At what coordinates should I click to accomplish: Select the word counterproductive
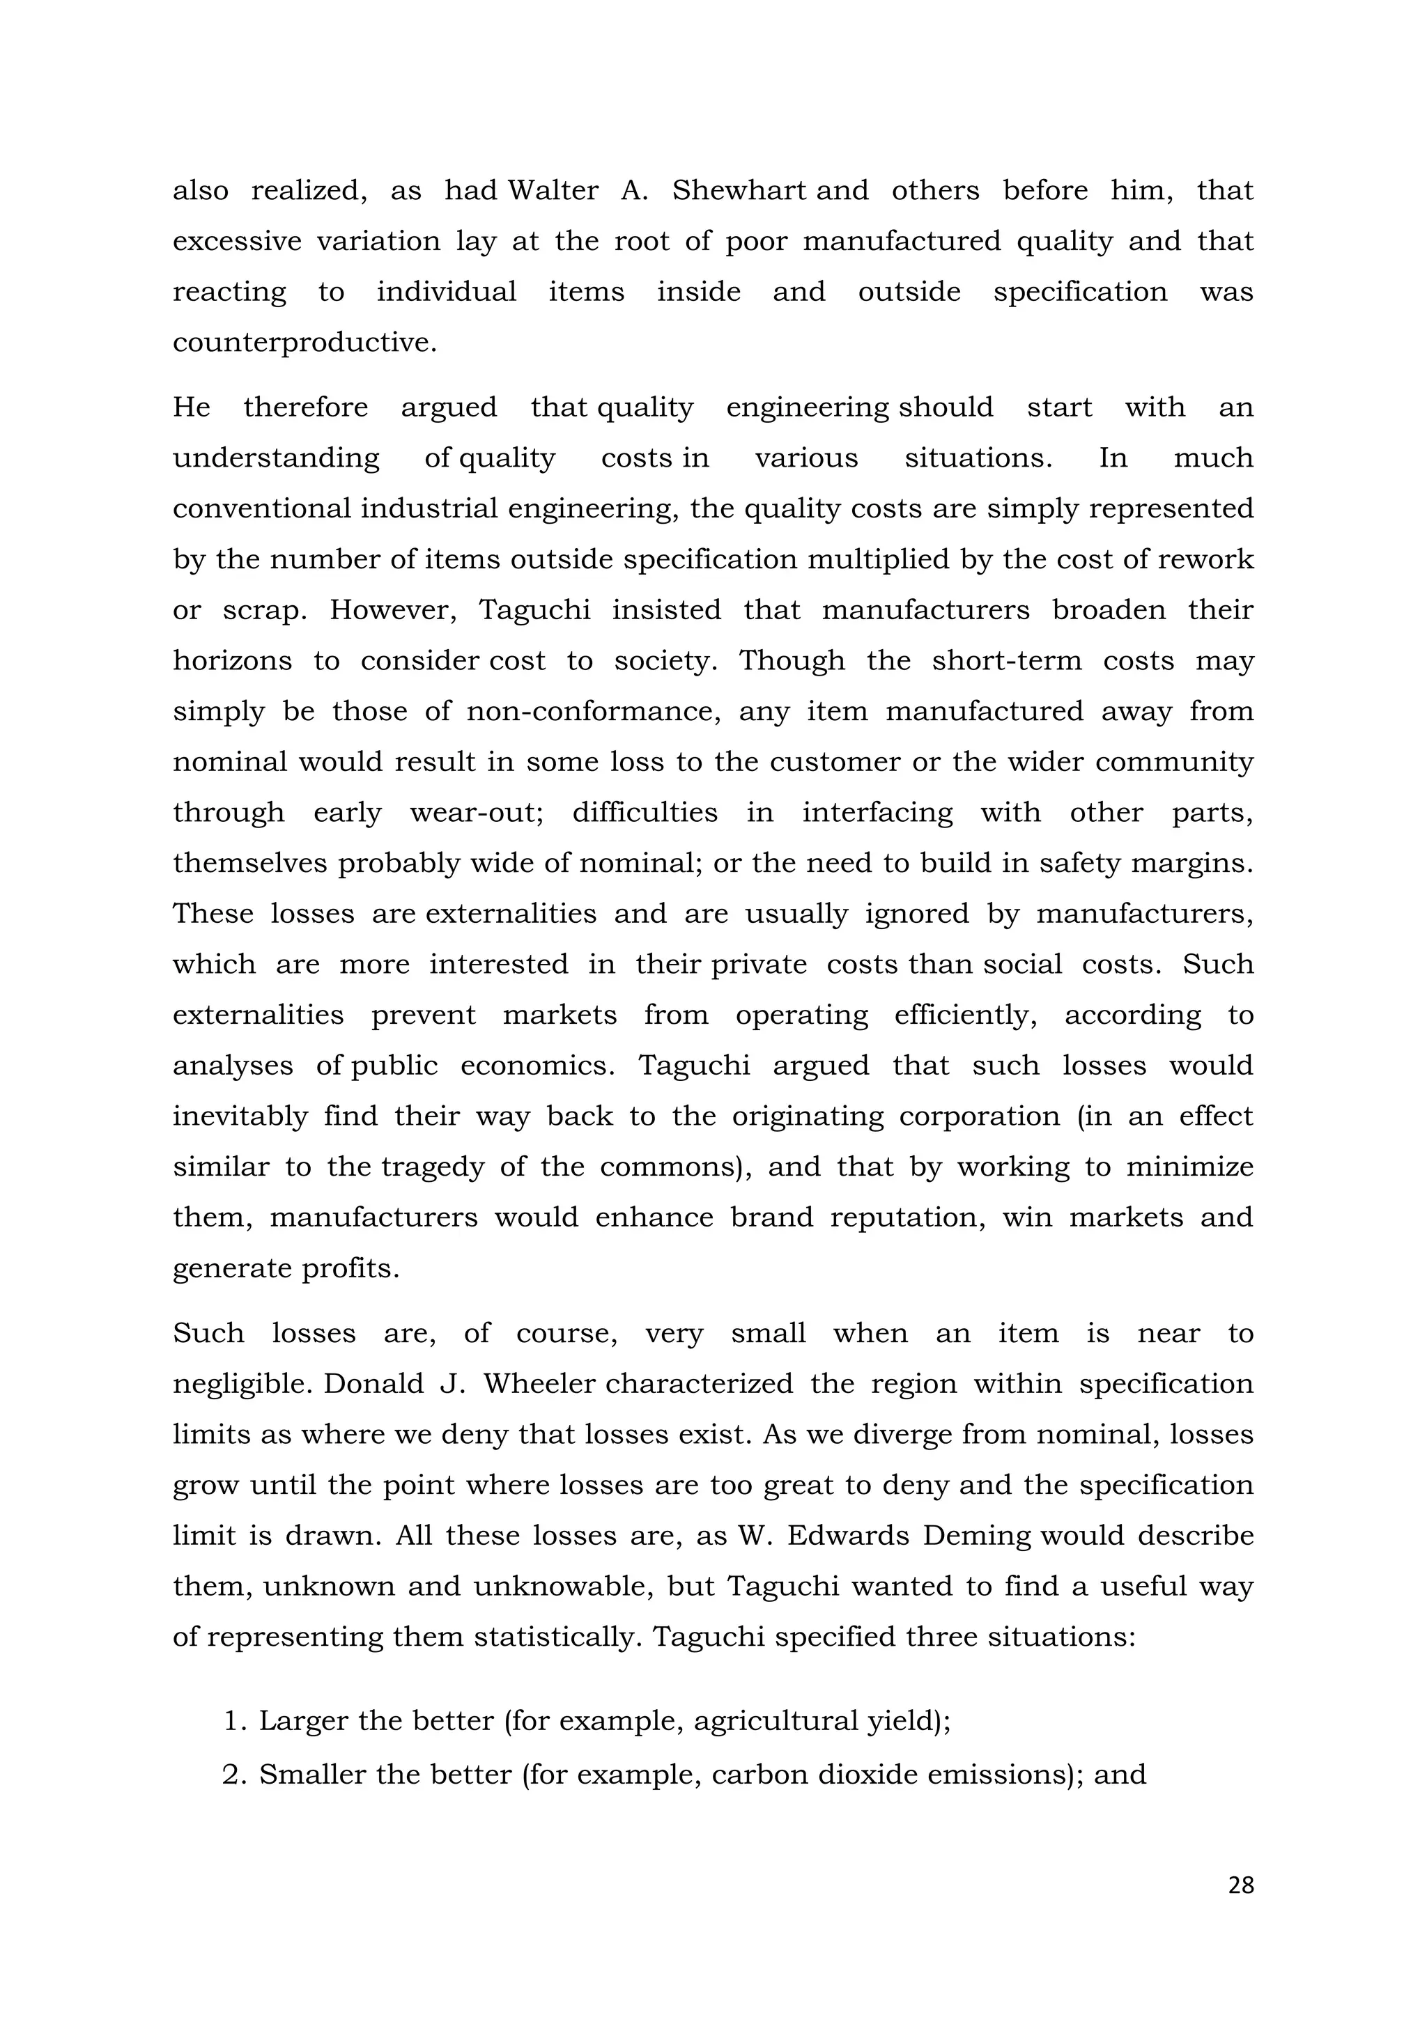point(303,343)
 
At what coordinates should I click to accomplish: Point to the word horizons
point(232,661)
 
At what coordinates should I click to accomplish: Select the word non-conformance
point(593,710)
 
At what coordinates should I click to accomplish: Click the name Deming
point(979,1536)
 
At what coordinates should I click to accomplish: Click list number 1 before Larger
point(233,1721)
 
